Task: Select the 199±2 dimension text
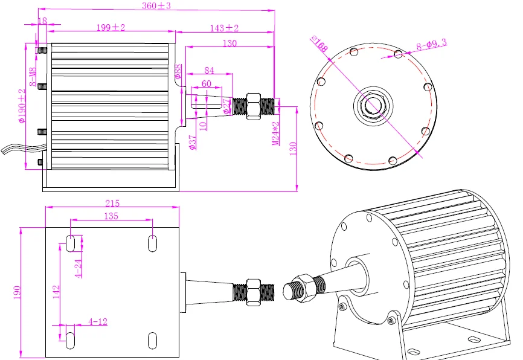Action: [x=111, y=28]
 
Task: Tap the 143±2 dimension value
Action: [x=224, y=28]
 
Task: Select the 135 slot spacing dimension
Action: [x=111, y=216]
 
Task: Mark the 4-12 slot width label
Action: [x=97, y=321]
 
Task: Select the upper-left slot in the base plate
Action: [x=71, y=243]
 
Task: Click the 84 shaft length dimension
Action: [x=209, y=70]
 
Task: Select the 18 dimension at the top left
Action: [x=42, y=21]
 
